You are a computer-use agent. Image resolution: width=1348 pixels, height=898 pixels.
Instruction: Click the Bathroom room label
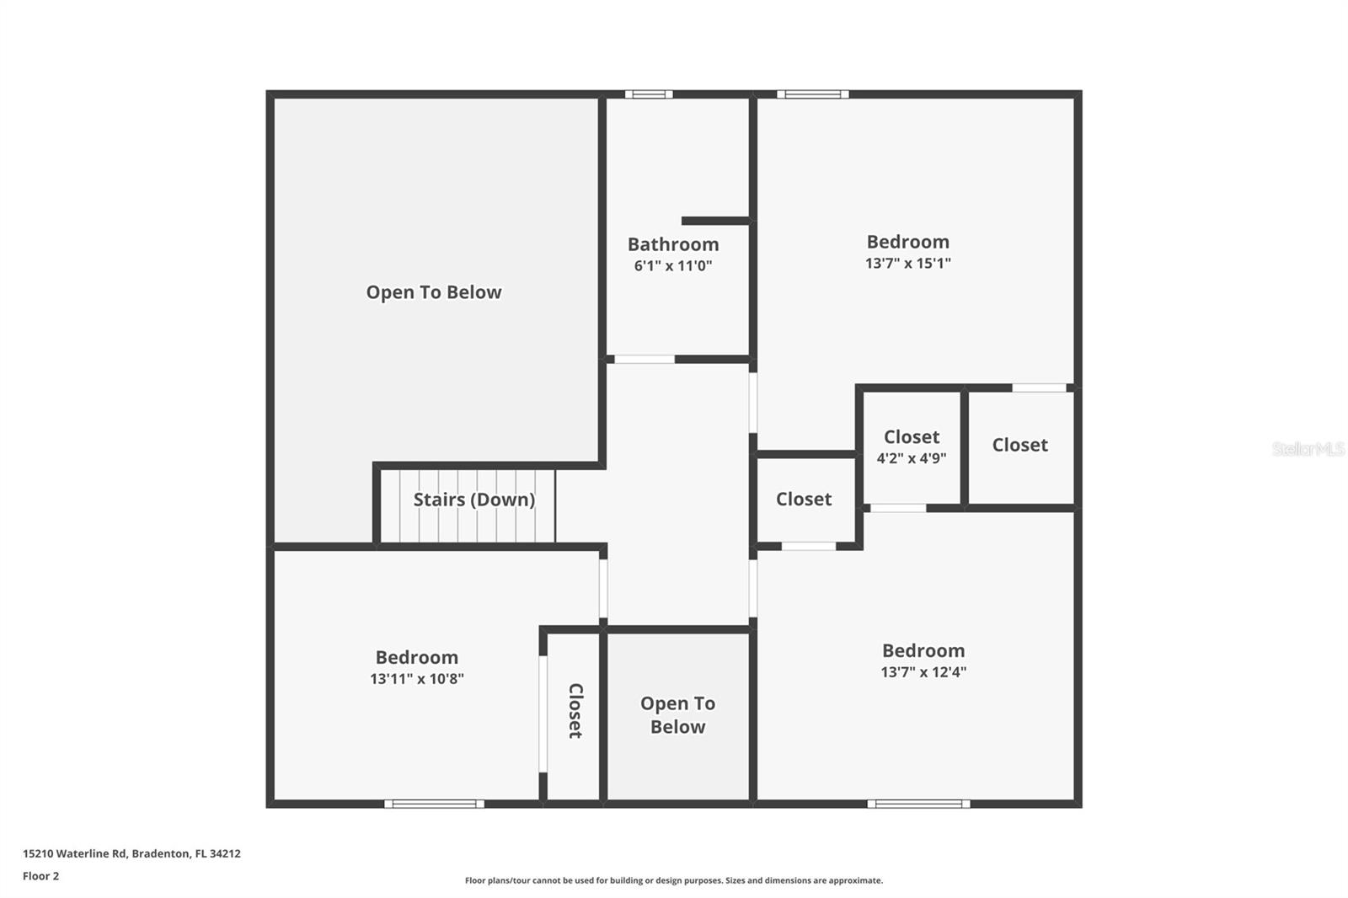(x=673, y=244)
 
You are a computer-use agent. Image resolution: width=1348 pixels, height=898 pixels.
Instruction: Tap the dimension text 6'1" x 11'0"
(x=673, y=266)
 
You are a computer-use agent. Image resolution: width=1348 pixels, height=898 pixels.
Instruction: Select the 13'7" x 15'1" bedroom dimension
(x=907, y=263)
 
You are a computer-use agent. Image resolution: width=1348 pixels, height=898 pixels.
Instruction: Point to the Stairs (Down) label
(x=473, y=500)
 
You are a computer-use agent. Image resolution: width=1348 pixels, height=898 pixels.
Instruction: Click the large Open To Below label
(x=433, y=292)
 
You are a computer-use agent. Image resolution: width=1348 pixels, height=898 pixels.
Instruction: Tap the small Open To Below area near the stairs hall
(x=677, y=714)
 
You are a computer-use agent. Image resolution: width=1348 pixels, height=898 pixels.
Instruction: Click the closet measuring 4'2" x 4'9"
(x=911, y=446)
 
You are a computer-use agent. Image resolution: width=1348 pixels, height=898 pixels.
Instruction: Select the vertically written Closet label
(x=575, y=711)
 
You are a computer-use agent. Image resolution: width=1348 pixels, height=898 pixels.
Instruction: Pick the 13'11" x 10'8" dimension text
(x=416, y=679)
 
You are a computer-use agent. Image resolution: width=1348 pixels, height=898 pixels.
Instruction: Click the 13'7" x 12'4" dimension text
(x=923, y=672)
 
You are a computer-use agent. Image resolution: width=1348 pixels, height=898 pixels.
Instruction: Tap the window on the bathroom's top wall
(x=649, y=94)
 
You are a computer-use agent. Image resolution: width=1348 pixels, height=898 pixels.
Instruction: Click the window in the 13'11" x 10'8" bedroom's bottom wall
(x=435, y=804)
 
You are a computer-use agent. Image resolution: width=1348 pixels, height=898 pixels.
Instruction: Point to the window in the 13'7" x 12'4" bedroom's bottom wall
(x=918, y=804)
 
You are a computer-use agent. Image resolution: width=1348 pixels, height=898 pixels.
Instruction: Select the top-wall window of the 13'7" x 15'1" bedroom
(x=812, y=94)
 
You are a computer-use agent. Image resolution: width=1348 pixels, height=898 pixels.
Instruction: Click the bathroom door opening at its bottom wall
(x=645, y=360)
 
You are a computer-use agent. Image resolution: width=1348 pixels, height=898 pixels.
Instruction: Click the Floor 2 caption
(x=40, y=876)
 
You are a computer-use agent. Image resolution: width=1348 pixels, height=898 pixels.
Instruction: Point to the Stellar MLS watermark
(x=1308, y=449)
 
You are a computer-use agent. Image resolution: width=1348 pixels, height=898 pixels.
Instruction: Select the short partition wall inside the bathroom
(x=715, y=221)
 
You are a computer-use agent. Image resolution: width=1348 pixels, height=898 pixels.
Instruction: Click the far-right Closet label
(x=1019, y=445)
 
